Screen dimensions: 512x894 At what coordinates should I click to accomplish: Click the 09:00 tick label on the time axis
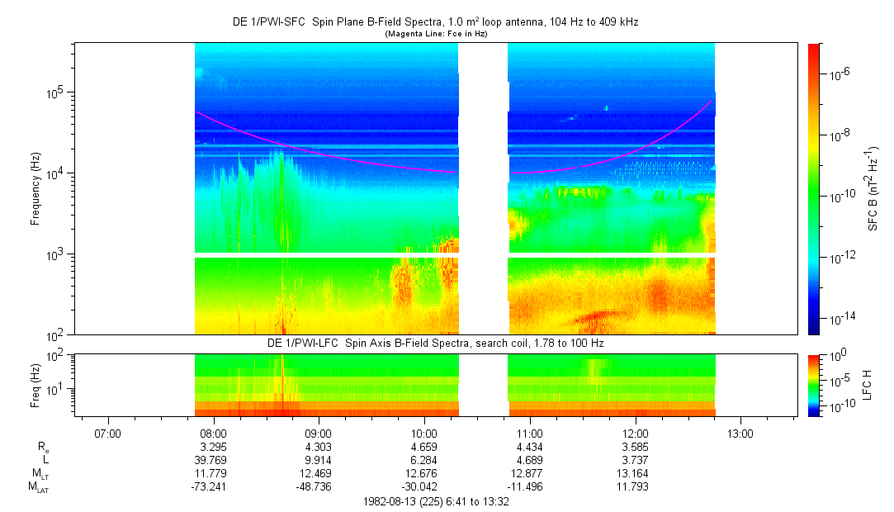coord(319,433)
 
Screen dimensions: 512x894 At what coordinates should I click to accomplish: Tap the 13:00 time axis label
coord(740,433)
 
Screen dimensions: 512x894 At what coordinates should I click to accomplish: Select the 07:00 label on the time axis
coord(108,433)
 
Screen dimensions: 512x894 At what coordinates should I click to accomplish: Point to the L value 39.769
coord(213,460)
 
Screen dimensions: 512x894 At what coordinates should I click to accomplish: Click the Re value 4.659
coord(424,447)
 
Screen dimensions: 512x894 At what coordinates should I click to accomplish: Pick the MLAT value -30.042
coord(424,486)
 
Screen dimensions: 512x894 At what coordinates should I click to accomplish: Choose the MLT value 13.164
coord(635,473)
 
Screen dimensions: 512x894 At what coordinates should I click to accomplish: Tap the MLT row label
coord(38,474)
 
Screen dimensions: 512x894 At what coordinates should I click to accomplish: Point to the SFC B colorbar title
coord(873,188)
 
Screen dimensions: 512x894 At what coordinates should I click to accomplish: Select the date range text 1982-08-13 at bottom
coord(436,501)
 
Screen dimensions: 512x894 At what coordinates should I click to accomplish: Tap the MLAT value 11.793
coord(635,486)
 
